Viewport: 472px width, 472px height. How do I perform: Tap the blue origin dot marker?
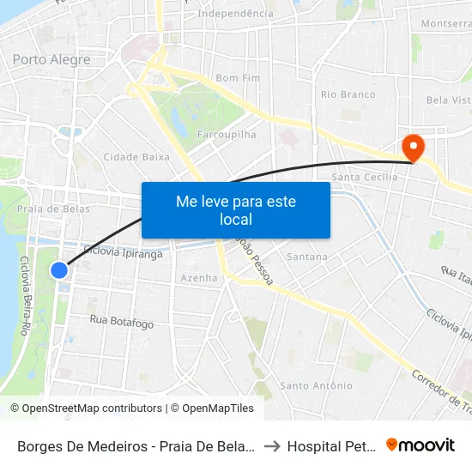pyautogui.click(x=59, y=270)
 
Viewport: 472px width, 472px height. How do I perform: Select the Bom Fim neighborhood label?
pyautogui.click(x=238, y=78)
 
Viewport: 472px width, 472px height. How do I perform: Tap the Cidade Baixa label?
pyautogui.click(x=136, y=157)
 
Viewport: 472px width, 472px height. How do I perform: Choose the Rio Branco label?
pyautogui.click(x=348, y=94)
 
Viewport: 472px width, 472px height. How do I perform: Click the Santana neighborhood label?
pyautogui.click(x=307, y=257)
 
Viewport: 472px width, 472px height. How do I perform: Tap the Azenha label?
pyautogui.click(x=199, y=278)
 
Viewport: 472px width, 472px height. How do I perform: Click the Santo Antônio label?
pyautogui.click(x=317, y=385)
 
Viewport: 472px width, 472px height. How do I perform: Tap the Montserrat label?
pyautogui.click(x=447, y=24)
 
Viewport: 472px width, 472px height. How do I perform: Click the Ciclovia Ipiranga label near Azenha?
pyautogui.click(x=122, y=253)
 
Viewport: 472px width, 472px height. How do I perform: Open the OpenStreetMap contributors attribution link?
pyautogui.click(x=87, y=408)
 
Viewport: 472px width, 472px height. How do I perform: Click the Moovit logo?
pyautogui.click(x=421, y=445)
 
